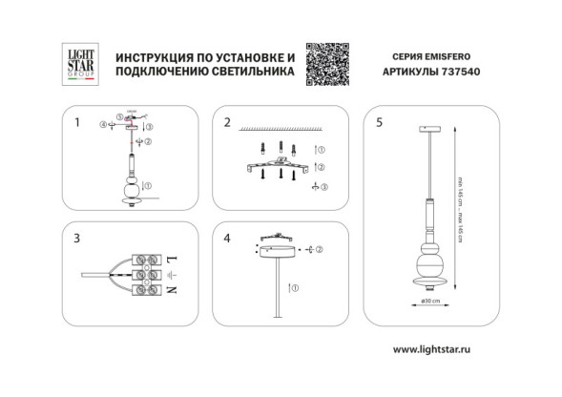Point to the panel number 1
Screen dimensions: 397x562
[x=76, y=122]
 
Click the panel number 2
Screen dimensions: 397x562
[x=226, y=122]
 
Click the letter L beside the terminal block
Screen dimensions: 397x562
[x=172, y=259]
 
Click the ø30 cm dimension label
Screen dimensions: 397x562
[x=430, y=302]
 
